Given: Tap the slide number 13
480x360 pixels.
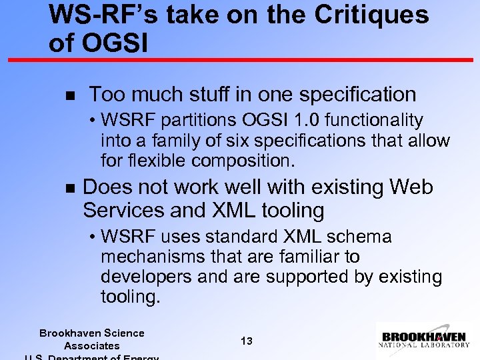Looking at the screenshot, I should click(x=246, y=341).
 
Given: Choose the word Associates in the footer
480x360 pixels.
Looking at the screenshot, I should click(x=92, y=345).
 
